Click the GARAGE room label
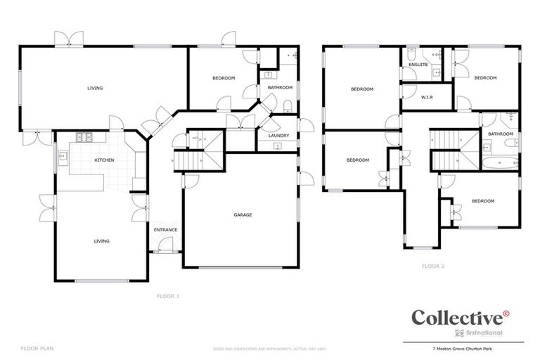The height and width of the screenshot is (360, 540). [242, 214]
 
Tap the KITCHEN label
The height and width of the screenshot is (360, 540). [104, 160]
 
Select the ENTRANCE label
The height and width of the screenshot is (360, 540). [165, 230]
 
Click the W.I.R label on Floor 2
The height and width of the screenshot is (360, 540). [426, 97]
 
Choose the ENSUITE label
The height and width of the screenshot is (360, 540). [418, 65]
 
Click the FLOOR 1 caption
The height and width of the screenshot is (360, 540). [168, 296]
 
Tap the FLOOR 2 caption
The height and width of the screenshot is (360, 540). [433, 266]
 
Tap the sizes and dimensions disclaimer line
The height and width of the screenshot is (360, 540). [269, 348]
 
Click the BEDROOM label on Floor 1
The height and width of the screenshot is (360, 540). [224, 77]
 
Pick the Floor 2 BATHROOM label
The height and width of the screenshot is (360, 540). [501, 134]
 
